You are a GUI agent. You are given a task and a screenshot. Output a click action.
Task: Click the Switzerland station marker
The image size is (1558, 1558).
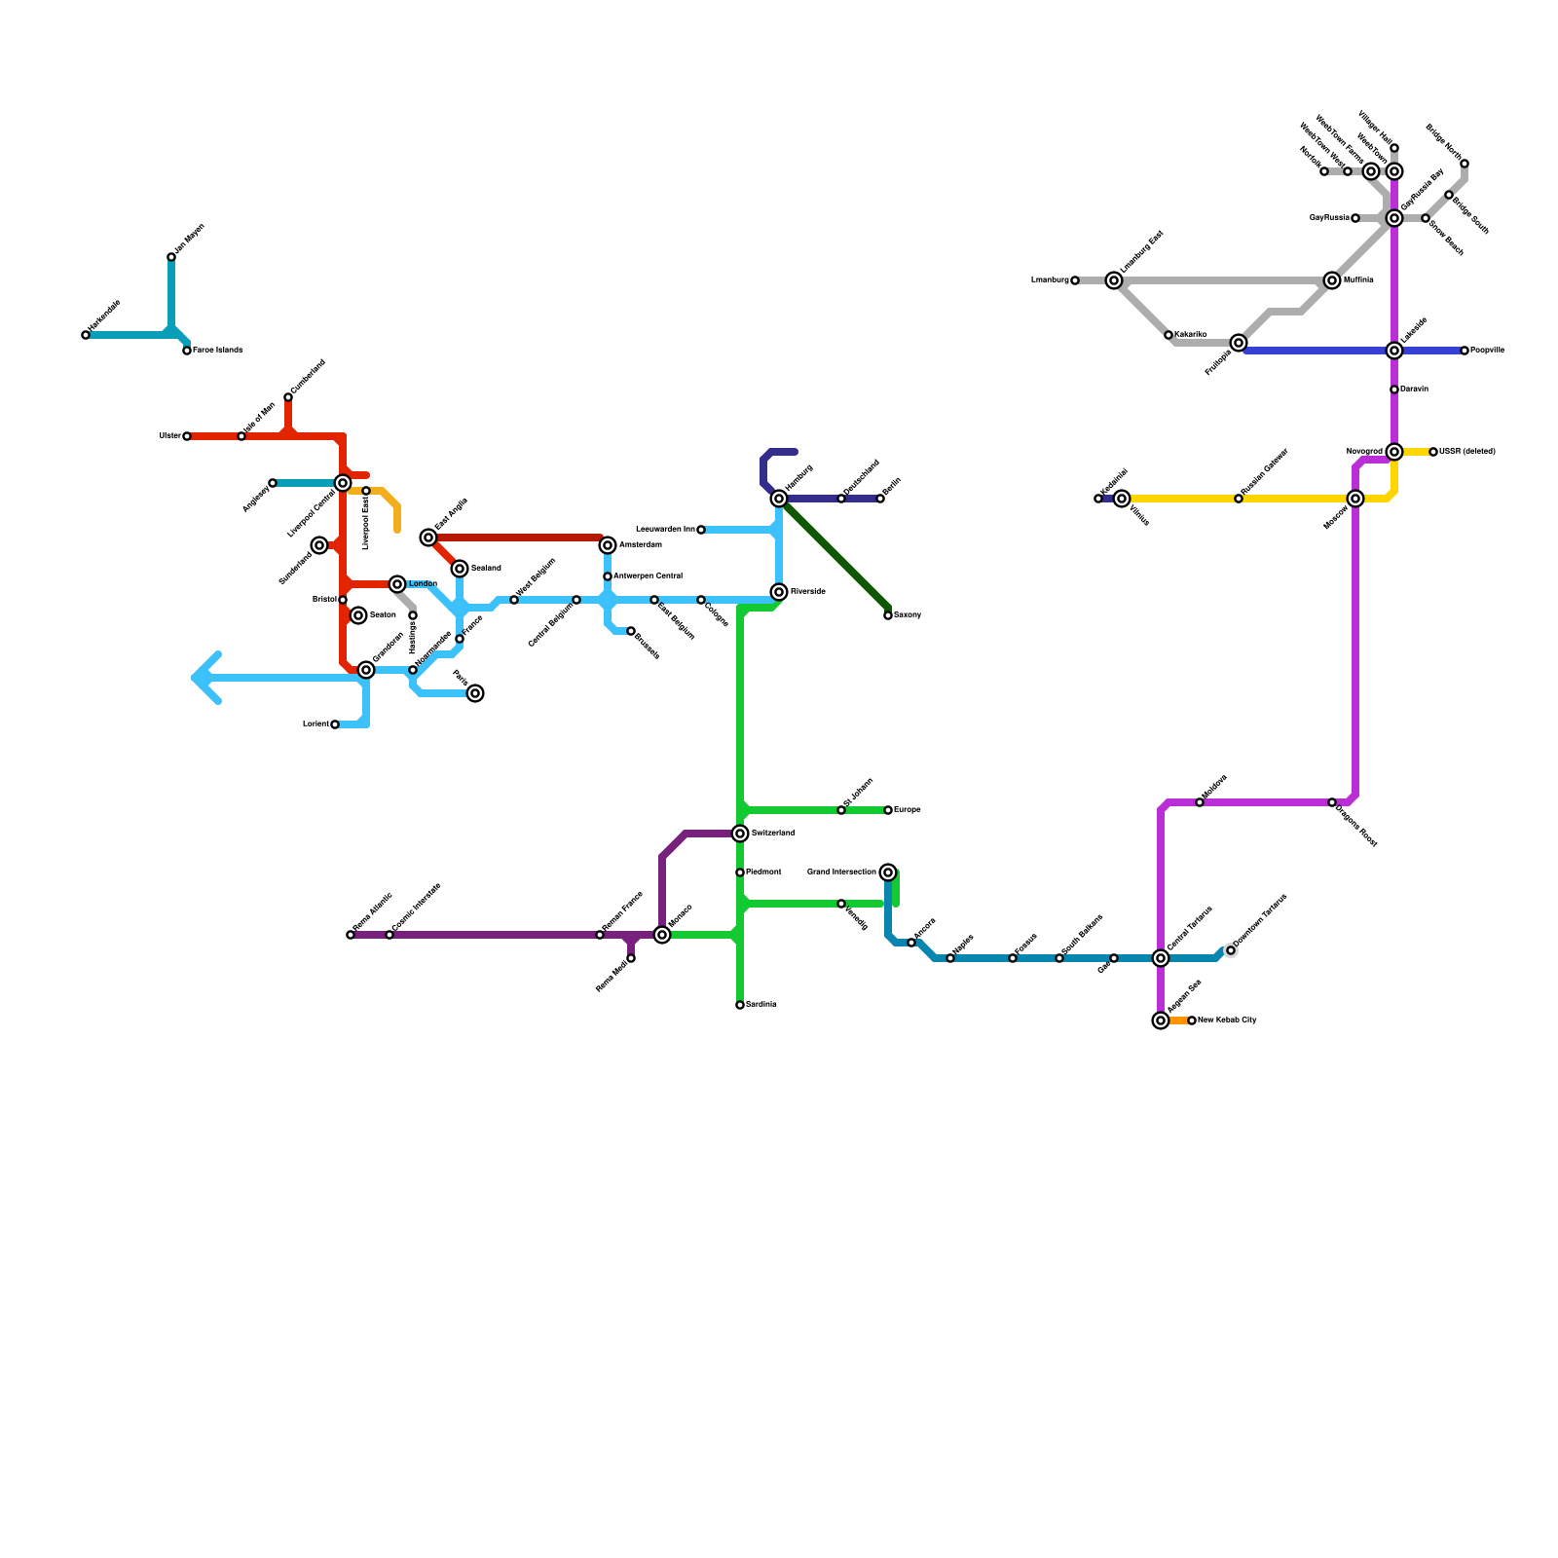coord(740,834)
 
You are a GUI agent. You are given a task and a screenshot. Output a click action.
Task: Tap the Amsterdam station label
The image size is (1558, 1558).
coord(640,545)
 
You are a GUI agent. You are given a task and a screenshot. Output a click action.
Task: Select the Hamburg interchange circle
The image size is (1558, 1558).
coord(779,499)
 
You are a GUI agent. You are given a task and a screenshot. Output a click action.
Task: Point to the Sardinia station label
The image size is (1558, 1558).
coord(761,1005)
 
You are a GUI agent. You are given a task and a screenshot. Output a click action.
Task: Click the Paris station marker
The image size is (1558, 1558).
coord(475,693)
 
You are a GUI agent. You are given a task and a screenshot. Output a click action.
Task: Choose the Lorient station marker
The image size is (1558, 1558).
coord(335,724)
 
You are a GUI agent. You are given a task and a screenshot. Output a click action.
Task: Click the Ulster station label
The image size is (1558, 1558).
coord(169,436)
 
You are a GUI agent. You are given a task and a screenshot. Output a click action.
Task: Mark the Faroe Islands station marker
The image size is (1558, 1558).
coord(187,351)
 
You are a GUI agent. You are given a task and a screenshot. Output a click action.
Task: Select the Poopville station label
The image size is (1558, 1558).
coord(1487,351)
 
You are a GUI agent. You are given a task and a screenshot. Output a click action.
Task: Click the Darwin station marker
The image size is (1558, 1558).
coord(1394,389)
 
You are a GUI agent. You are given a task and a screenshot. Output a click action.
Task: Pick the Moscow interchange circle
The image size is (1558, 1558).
coord(1355,499)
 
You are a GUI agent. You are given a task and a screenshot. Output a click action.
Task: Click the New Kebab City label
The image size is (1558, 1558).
coord(1227,1020)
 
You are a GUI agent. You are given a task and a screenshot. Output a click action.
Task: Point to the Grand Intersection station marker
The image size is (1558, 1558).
coord(888,872)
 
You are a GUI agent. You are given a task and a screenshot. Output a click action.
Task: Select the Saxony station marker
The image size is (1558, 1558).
coord(888,615)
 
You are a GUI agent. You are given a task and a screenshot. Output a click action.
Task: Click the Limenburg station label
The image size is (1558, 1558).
coord(1050,280)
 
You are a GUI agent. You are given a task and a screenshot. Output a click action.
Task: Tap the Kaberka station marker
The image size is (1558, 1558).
coord(1168,335)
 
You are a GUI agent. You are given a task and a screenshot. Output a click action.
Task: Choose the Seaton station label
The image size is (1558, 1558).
coord(383,615)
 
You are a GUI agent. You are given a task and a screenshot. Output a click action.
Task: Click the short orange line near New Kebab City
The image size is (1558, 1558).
coord(1177,1020)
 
